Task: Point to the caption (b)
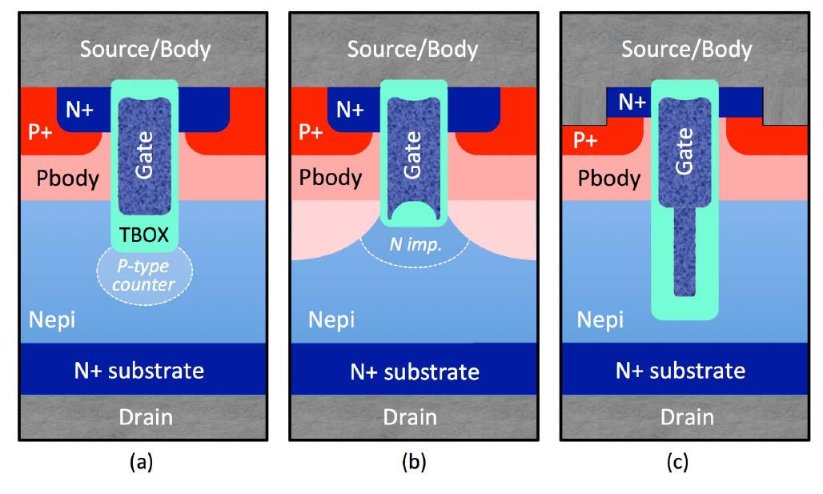pos(413,462)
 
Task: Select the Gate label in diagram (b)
pos(413,157)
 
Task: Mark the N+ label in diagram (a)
pos(78,110)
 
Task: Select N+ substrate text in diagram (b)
pos(413,372)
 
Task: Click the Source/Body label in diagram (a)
pos(145,50)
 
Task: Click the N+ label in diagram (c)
pos(632,102)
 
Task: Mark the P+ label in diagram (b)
pos(312,131)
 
